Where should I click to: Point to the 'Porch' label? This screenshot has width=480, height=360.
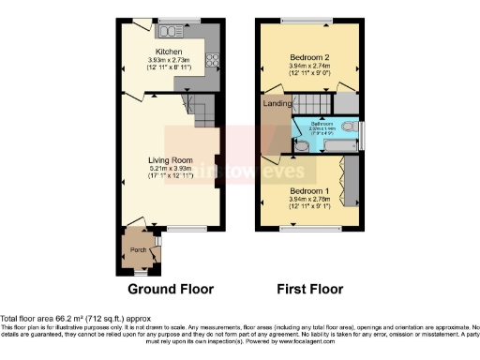click(x=135, y=251)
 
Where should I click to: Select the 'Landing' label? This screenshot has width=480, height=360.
click(x=277, y=103)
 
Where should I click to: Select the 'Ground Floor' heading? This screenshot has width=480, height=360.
click(x=170, y=289)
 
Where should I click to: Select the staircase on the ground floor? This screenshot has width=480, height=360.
click(x=199, y=113)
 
